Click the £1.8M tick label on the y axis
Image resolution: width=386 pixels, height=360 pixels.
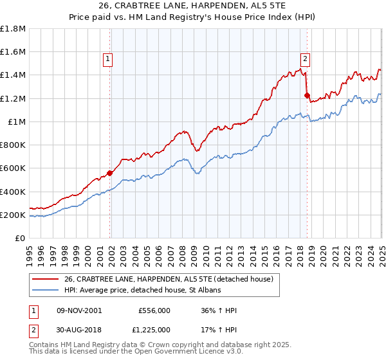click(14, 29)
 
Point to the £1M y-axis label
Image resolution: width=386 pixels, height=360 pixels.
click(17, 122)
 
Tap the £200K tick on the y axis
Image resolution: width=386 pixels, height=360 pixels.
click(14, 215)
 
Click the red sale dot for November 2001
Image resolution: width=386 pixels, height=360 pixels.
click(110, 173)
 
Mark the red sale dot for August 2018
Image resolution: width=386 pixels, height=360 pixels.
click(307, 95)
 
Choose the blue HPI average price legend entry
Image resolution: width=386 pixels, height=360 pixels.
click(142, 291)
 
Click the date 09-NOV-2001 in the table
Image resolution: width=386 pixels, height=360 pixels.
click(78, 310)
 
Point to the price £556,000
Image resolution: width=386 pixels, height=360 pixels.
click(154, 310)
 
